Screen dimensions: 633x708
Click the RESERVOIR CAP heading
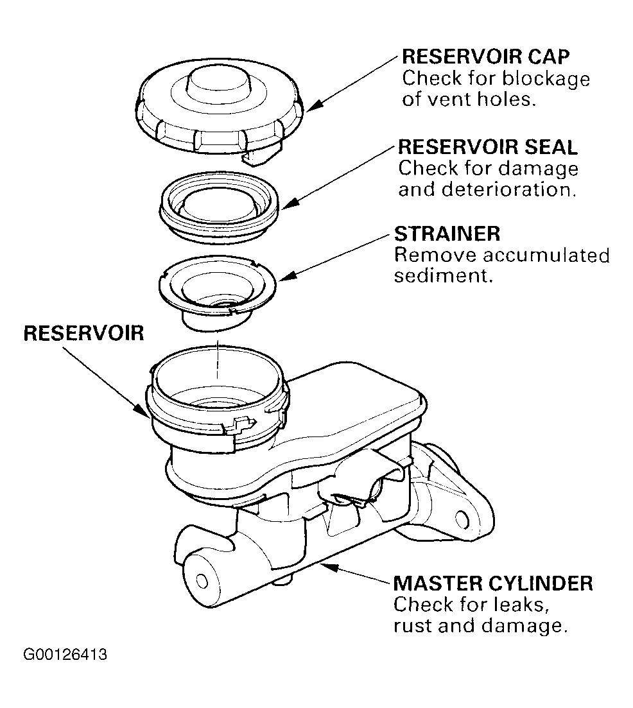tap(486, 57)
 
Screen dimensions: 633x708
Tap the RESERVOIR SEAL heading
tap(488, 147)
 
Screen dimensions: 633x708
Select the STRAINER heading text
tap(447, 234)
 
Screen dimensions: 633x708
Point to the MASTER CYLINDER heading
tap(493, 583)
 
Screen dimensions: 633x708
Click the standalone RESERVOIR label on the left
tap(84, 333)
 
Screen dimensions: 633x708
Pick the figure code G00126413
tap(65, 654)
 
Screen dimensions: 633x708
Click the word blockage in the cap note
tap(546, 80)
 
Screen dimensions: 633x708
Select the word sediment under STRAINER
tap(443, 275)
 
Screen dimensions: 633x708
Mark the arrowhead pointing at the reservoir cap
tap(314, 105)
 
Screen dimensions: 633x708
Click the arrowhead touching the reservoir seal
tap(289, 203)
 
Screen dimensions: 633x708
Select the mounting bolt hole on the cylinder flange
tap(462, 519)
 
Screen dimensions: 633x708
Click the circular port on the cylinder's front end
tap(202, 581)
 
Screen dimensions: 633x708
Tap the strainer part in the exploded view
tap(217, 293)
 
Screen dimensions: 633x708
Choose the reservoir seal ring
tap(219, 207)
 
